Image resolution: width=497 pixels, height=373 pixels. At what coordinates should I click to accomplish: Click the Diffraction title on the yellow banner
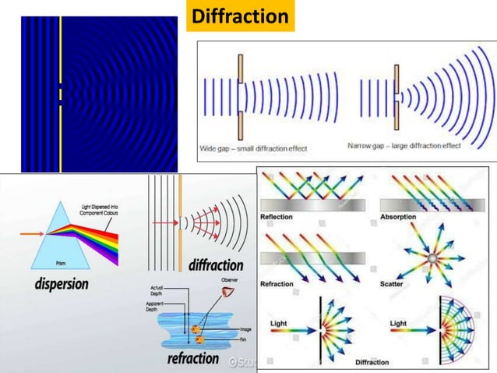tap(241, 16)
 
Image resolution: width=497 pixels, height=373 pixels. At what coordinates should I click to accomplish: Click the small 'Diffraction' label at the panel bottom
tap(372, 362)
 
